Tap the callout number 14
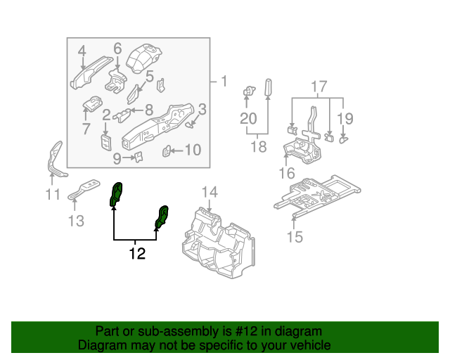[210, 192]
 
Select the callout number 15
[295, 236]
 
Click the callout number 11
[53, 195]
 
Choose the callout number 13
[76, 221]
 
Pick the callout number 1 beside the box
[224, 82]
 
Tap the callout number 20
[248, 119]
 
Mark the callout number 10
[192, 149]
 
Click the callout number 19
[345, 118]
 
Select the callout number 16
[287, 173]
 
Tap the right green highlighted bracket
[162, 217]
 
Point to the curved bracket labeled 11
[53, 161]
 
